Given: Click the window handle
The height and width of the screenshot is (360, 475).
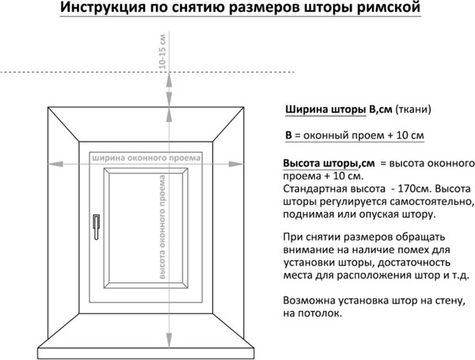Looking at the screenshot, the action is tap(96, 227).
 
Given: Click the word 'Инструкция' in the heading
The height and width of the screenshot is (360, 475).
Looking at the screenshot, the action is tap(103, 8).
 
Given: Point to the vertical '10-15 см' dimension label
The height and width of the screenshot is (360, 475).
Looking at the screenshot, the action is tap(162, 51).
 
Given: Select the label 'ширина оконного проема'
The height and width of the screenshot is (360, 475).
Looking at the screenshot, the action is tap(146, 157).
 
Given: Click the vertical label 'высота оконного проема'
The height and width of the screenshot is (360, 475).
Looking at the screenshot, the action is tap(162, 227).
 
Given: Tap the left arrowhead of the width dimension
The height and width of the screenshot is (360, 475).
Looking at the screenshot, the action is tap(55, 164).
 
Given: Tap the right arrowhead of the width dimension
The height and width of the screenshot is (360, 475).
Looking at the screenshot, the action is tap(236, 164).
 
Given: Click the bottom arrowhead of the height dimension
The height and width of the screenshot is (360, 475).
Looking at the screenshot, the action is tap(169, 340).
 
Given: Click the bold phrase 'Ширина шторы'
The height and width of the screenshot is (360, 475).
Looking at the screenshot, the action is tap(325, 109).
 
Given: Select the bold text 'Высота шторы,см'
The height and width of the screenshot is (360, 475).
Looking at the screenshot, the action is tap(329, 164).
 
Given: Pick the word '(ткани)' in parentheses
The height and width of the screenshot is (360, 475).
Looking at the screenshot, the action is tap(413, 109).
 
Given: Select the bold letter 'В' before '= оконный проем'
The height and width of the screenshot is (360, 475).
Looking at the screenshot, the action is tap(288, 135).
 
